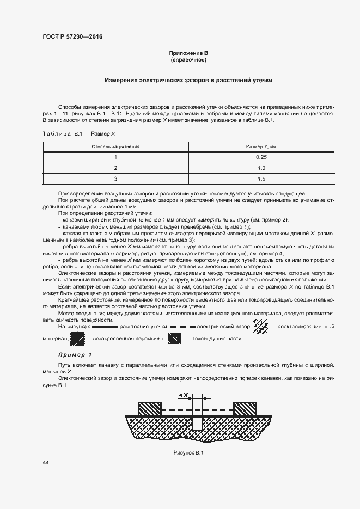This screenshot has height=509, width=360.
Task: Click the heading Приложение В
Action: pyautogui.click(x=188, y=52)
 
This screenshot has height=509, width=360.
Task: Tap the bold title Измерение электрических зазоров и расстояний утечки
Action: pyautogui.click(x=188, y=80)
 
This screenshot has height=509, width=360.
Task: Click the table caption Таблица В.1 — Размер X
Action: pyautogui.click(x=78, y=133)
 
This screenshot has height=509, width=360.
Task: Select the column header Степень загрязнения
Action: pyautogui.click(x=115, y=146)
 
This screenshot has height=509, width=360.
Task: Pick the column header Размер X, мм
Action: pyautogui.click(x=261, y=146)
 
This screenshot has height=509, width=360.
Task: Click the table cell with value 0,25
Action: pyautogui.click(x=261, y=157)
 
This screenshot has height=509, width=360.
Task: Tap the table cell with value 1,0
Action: pyautogui.click(x=261, y=168)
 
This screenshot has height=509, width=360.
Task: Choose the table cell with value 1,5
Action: pyautogui.click(x=261, y=179)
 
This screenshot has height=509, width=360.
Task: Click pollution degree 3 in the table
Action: pyautogui.click(x=115, y=179)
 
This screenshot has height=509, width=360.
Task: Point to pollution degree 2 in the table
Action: pyautogui.click(x=115, y=168)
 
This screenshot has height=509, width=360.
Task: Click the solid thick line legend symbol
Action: pyautogui.click(x=105, y=327)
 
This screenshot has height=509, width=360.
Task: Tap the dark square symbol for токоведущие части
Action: pyautogui.click(x=174, y=339)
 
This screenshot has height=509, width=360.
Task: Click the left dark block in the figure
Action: pyautogui.click(x=150, y=409)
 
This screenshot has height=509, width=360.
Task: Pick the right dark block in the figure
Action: pyautogui.click(x=245, y=409)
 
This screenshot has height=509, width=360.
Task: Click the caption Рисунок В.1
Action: pyautogui.click(x=188, y=453)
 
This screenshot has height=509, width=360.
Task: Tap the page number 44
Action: pyautogui.click(x=46, y=463)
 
